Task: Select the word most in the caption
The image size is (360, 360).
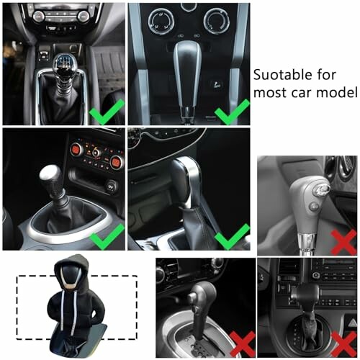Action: [x=270, y=93]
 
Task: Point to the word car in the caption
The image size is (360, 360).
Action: [x=303, y=93]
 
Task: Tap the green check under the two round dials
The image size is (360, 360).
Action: [x=233, y=111]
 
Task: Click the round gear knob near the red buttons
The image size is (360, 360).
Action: [x=50, y=176]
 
